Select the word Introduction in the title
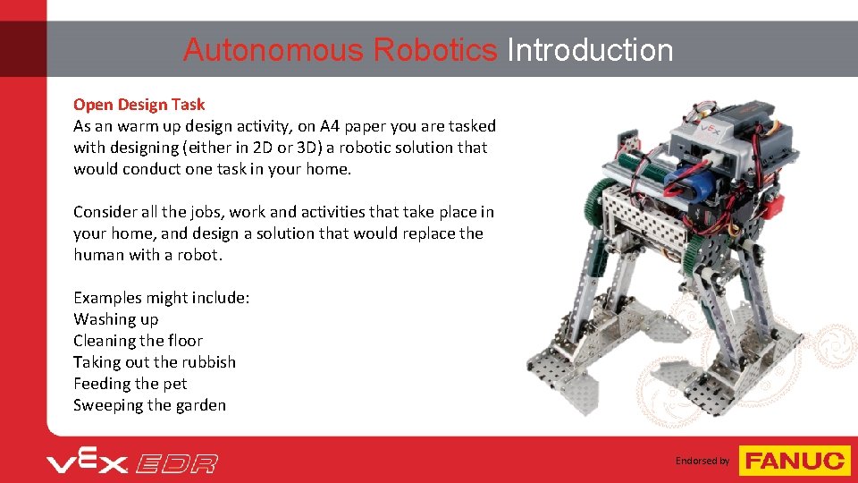[590, 50]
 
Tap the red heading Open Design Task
[139, 105]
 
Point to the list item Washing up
[115, 319]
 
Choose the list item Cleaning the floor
[138, 341]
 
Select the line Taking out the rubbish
[155, 362]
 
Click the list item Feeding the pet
[130, 384]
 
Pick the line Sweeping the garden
[149, 405]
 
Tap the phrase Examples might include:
[161, 298]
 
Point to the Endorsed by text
[702, 461]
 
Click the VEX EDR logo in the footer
[132, 462]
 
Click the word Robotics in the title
[436, 50]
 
